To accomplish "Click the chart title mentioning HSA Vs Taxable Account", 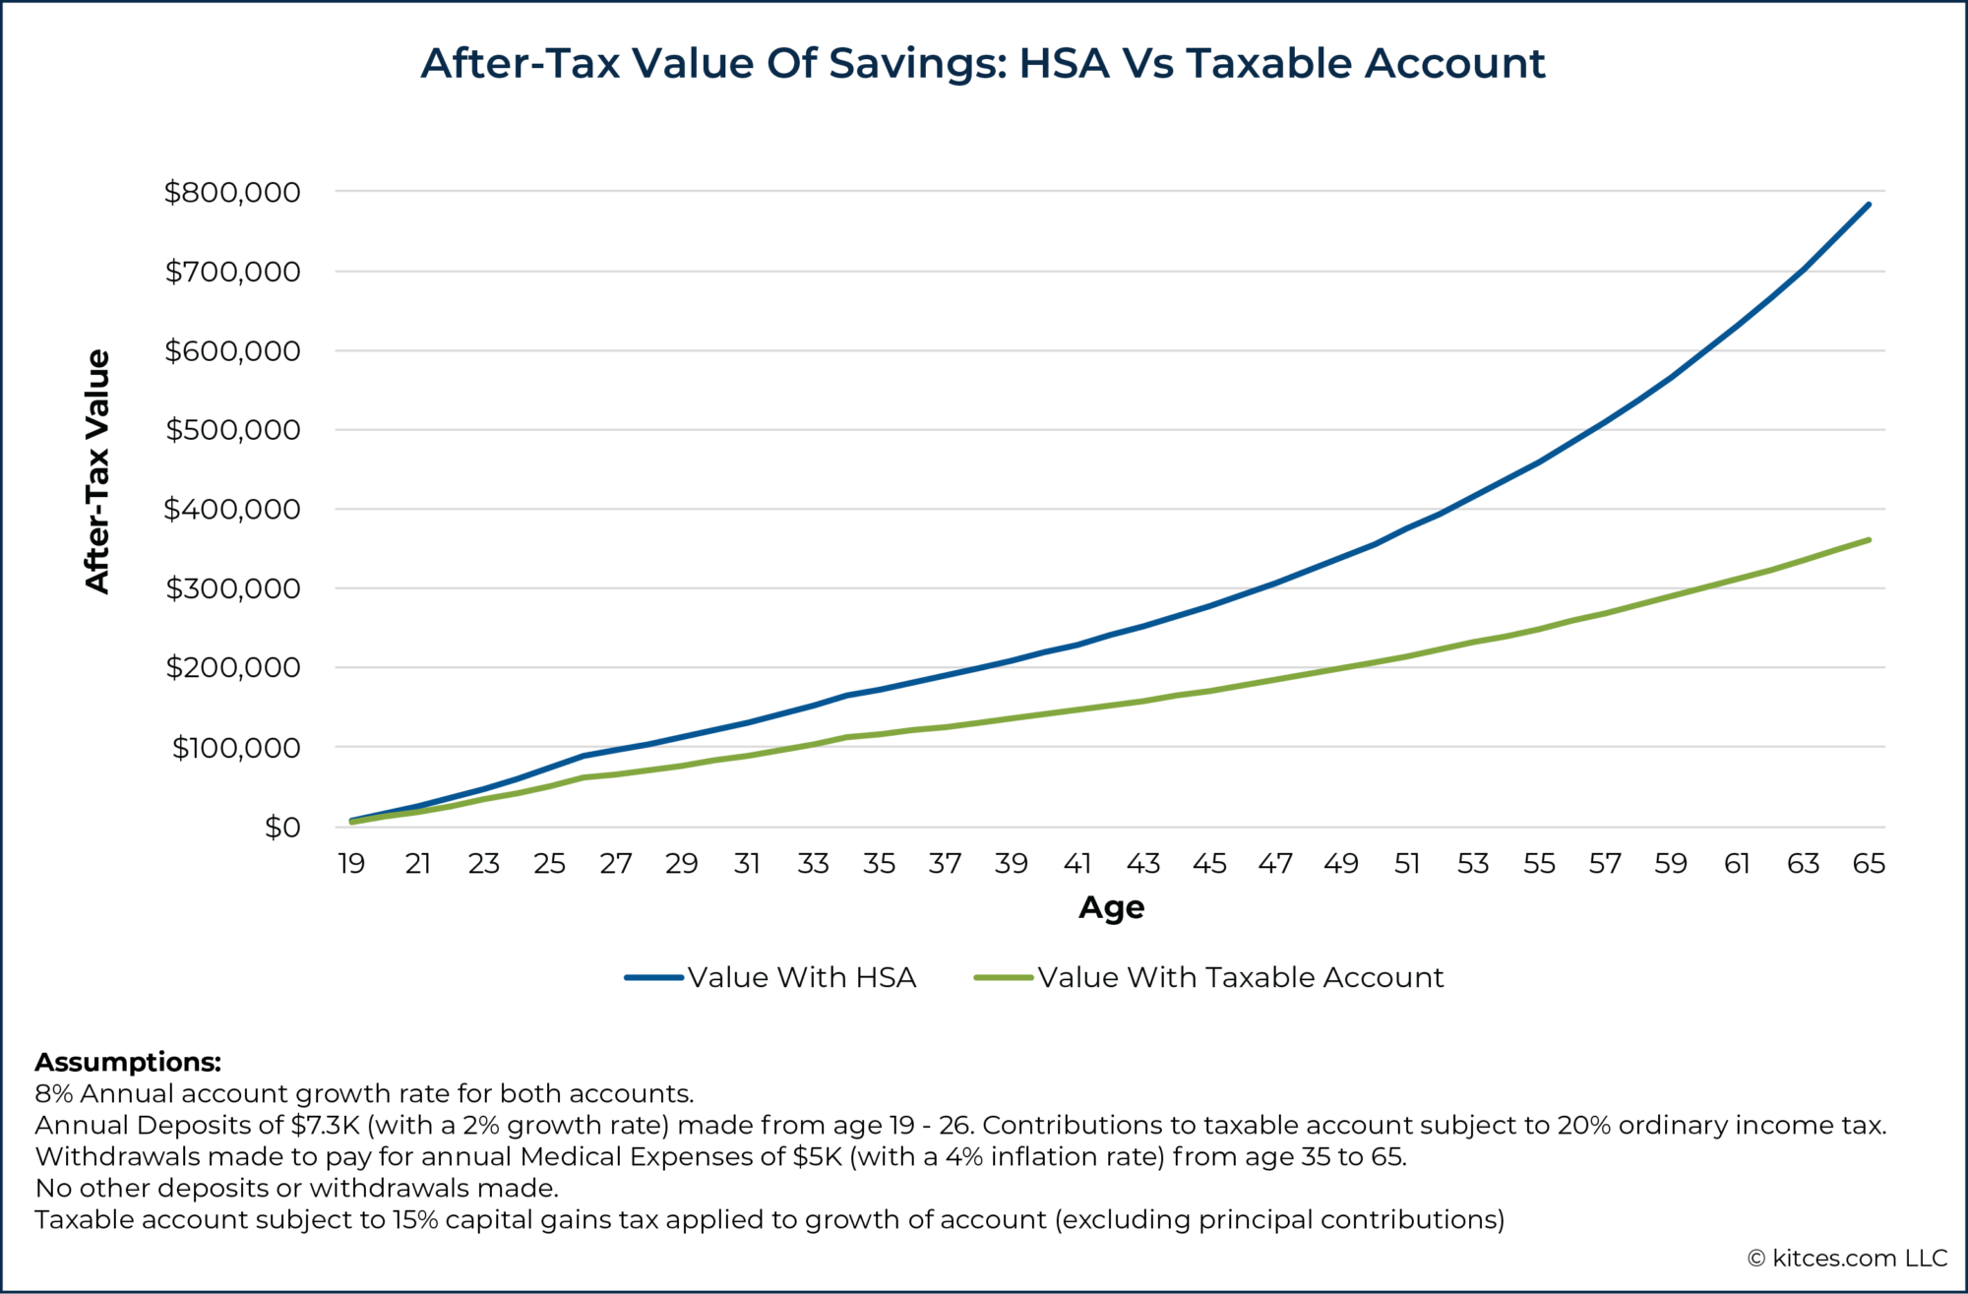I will pos(982,63).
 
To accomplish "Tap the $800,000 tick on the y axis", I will pos(232,192).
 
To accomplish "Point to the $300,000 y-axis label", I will pos(232,588).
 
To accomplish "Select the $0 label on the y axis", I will pos(282,828).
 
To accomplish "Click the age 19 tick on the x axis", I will pos(351,864).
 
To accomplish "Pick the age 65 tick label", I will pos(1868,864).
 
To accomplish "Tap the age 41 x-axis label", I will pos(1077,864).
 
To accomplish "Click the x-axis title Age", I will pos(1111,907).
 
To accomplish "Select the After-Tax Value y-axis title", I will pos(97,471).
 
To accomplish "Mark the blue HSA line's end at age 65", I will pos(1868,205).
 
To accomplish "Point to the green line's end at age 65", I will pos(1868,540).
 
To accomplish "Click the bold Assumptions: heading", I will pos(128,1063).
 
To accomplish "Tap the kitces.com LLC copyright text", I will pos(1847,1259).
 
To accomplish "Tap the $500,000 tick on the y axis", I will pos(232,430).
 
